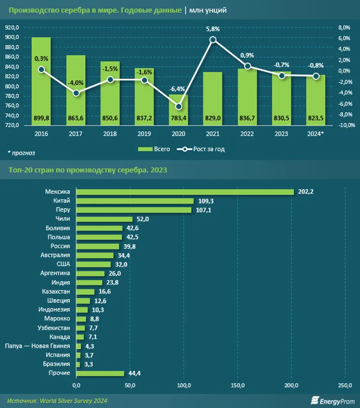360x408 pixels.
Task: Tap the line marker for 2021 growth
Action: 213,40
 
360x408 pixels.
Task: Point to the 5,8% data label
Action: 213,29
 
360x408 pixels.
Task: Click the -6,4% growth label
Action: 179,89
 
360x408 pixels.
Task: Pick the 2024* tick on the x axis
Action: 316,134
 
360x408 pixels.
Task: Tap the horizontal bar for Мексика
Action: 185,192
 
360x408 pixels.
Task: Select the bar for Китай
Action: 135,201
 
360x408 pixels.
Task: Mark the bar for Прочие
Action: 100,373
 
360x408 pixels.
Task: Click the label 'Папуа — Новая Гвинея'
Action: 37,346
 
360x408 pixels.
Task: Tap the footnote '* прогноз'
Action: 22,153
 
